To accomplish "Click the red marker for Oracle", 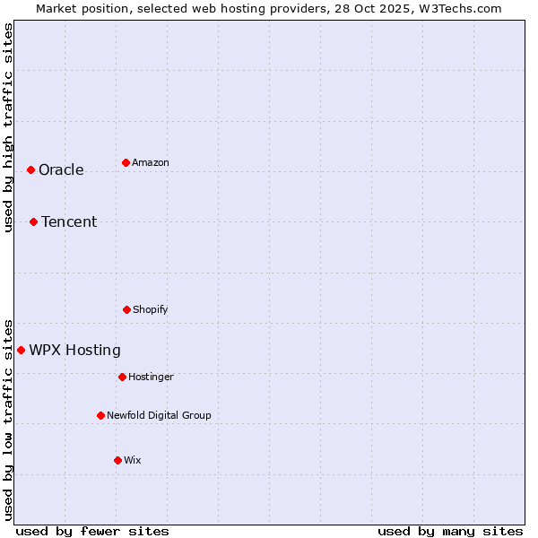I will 30,169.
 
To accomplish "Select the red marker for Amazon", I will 126,162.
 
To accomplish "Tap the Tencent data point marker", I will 33,221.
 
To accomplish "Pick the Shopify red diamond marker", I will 126,309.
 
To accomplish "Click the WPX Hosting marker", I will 21,350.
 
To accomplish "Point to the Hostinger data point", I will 122,377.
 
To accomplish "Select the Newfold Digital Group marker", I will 100,415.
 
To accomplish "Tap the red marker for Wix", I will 117,460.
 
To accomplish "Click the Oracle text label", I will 61,170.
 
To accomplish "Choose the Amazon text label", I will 151,163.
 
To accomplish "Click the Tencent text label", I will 69,222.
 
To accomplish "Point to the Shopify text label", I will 151,310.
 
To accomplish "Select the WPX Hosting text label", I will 74,351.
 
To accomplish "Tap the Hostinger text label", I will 151,377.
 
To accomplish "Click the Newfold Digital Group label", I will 159,416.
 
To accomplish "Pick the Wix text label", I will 133,461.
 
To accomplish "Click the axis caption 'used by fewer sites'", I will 92,531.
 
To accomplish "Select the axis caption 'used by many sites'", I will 450,531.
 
